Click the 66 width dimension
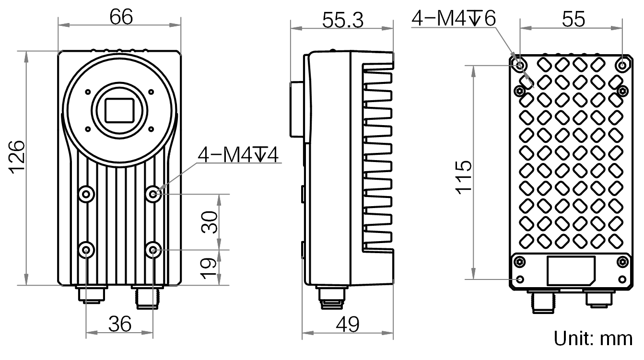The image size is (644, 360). click(x=121, y=17)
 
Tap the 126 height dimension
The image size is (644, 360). click(x=17, y=157)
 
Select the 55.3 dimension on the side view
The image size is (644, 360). click(x=343, y=21)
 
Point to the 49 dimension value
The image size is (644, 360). click(x=347, y=325)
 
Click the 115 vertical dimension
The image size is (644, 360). click(x=463, y=177)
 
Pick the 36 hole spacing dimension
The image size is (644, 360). click(x=120, y=324)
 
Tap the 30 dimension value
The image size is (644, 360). click(x=209, y=222)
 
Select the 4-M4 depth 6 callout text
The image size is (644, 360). click(x=454, y=18)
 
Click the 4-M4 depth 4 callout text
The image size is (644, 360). click(x=238, y=155)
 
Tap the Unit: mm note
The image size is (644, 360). click(x=593, y=338)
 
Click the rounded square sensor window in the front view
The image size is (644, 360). click(x=119, y=110)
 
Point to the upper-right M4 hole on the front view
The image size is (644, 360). click(x=153, y=194)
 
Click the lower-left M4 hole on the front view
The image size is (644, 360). click(x=86, y=250)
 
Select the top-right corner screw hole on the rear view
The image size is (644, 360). click(x=622, y=65)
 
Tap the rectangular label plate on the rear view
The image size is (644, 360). click(x=571, y=271)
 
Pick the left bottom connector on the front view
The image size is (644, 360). click(x=91, y=294)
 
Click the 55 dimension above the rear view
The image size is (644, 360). click(x=574, y=19)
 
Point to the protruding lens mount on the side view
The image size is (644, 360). click(x=296, y=109)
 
